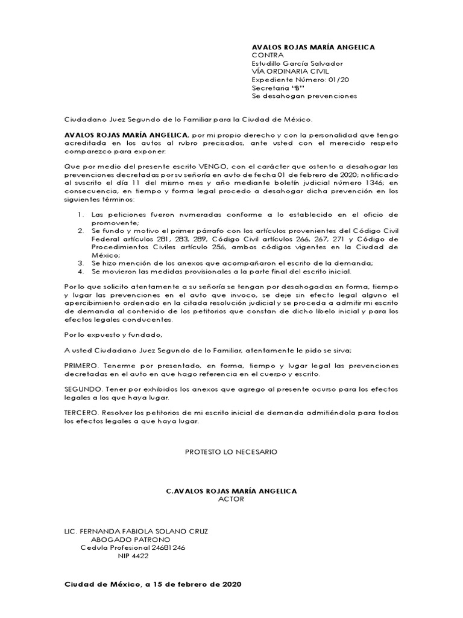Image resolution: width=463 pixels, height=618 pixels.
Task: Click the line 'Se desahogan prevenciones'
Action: pyautogui.click(x=304, y=96)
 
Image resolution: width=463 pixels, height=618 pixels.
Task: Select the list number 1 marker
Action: pyautogui.click(x=81, y=214)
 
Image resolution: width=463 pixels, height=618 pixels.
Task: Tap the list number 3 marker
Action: pyautogui.click(x=81, y=263)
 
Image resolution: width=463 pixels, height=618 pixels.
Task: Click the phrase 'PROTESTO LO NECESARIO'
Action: pyautogui.click(x=231, y=452)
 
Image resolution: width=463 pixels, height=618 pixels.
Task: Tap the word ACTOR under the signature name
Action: pyautogui.click(x=231, y=499)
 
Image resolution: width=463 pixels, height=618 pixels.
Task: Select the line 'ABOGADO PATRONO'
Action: pyautogui.click(x=130, y=539)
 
